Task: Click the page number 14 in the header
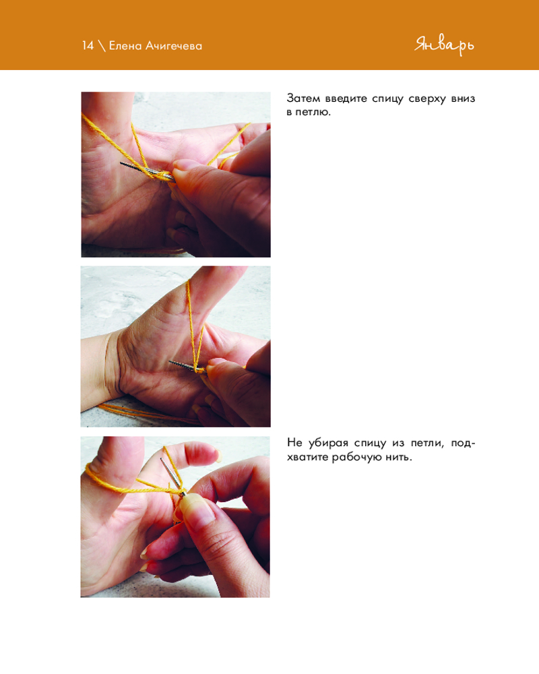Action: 88,46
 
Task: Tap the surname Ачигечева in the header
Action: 174,46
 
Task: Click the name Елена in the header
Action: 125,46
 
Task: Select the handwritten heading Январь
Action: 445,45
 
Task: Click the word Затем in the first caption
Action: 303,98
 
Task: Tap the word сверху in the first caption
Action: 427,99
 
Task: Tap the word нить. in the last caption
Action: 399,457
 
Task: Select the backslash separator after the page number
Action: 102,46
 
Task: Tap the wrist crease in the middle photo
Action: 113,365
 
